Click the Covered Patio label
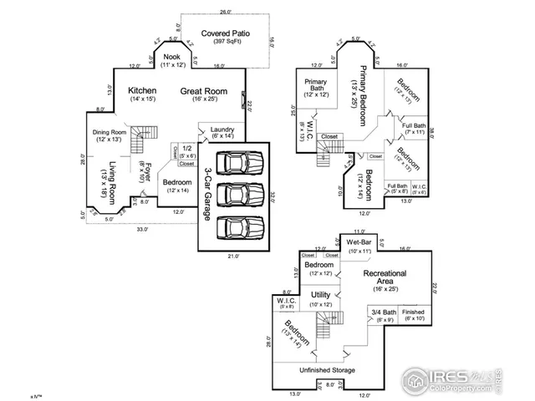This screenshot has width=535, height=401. pos(221,33)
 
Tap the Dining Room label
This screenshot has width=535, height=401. pos(110,132)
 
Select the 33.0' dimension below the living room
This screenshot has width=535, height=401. pos(143,229)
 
